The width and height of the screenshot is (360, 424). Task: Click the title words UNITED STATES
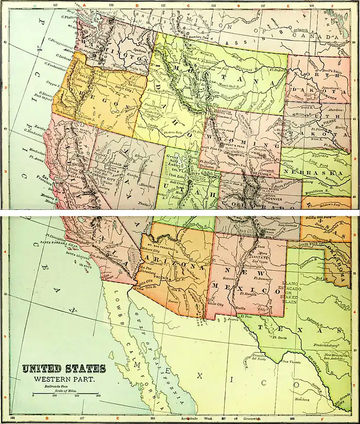(x=63, y=368)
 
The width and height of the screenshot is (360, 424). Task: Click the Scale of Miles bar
(x=65, y=394)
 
